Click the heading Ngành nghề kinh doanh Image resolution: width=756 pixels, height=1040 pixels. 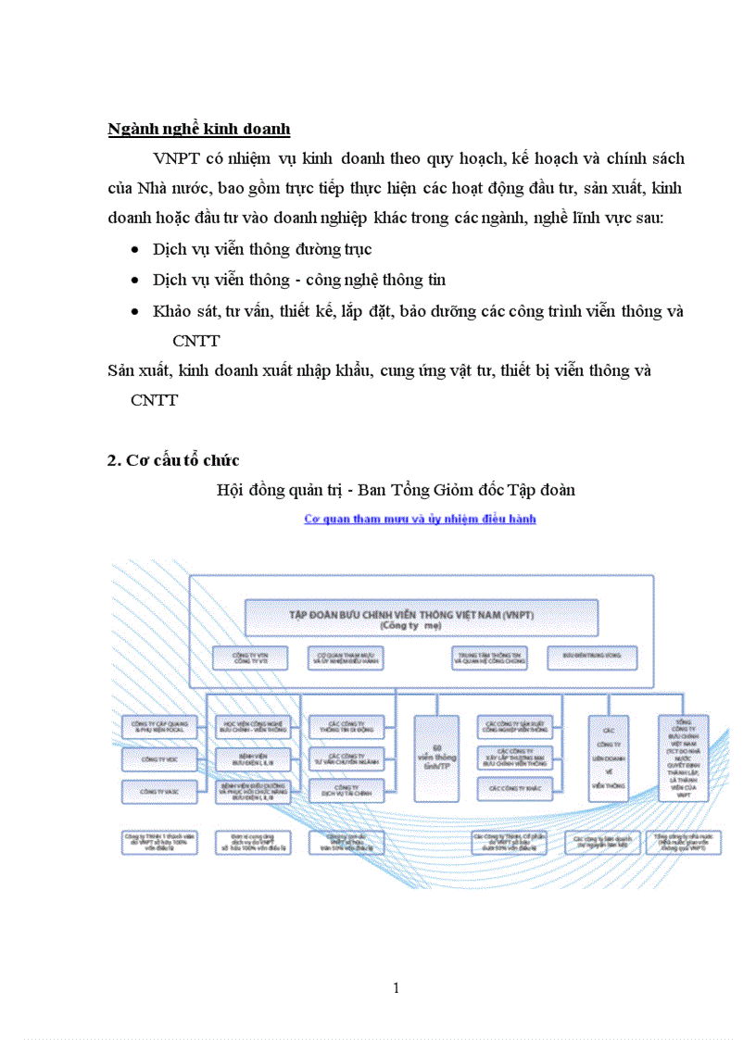(x=200, y=129)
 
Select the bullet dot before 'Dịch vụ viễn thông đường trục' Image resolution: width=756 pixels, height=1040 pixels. (x=136, y=250)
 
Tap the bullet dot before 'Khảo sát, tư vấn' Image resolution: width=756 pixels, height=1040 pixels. (x=136, y=311)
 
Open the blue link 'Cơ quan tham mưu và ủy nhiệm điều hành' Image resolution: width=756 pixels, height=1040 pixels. (x=420, y=520)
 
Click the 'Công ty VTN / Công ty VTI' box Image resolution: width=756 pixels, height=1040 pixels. (x=246, y=658)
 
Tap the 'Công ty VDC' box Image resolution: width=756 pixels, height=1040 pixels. (x=158, y=760)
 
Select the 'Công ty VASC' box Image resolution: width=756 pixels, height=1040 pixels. (x=158, y=793)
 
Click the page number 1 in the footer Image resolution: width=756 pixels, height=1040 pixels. (x=396, y=988)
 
